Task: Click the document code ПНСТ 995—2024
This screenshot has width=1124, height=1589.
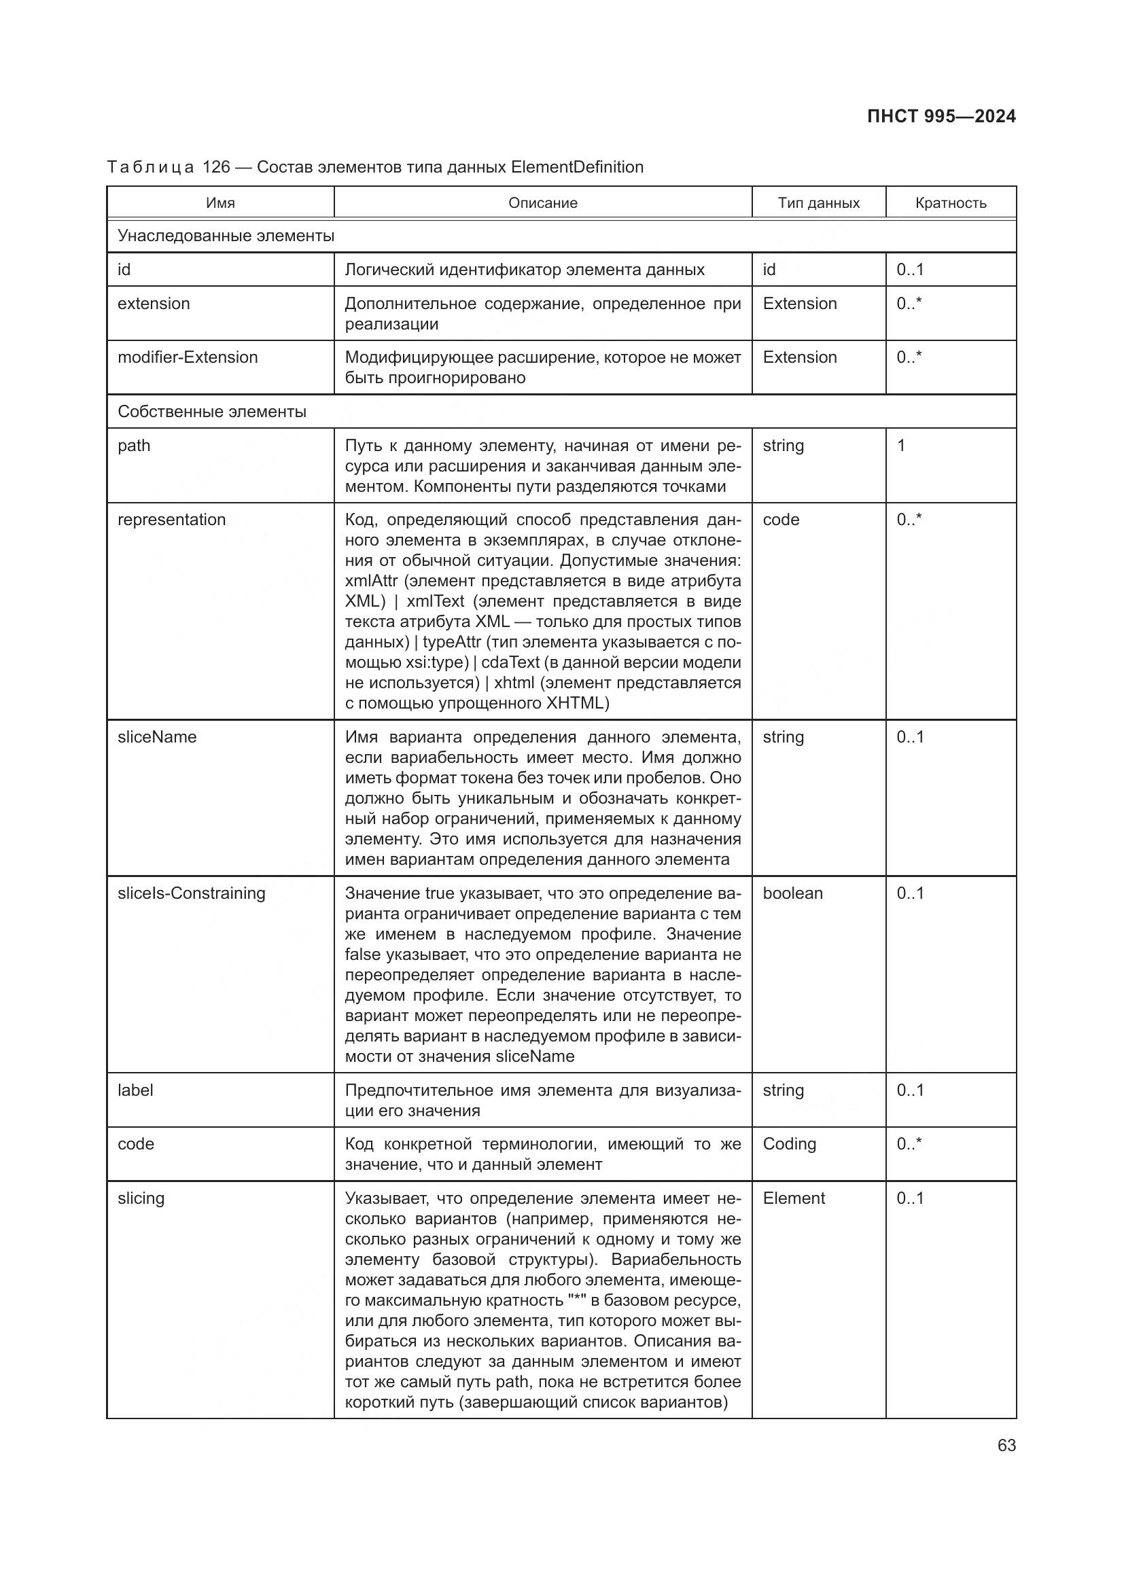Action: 941,116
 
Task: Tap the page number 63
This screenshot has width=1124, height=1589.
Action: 1006,1445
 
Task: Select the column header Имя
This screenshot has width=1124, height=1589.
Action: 220,202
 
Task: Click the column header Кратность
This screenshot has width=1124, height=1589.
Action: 950,202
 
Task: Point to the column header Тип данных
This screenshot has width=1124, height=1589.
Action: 818,202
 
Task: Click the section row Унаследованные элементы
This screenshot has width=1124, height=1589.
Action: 226,236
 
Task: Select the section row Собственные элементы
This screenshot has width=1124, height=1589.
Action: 212,412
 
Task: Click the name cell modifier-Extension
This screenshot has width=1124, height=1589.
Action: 188,357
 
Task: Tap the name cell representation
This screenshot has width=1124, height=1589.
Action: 172,520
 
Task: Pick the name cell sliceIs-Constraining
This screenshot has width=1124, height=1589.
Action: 192,893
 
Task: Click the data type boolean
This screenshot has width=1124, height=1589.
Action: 792,893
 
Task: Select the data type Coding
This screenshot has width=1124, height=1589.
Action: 789,1144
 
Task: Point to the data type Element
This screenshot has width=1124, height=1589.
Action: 793,1198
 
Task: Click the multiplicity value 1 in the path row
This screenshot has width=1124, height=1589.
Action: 901,446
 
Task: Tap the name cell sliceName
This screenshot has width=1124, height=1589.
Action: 157,737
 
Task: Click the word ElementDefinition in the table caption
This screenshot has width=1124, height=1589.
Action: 576,167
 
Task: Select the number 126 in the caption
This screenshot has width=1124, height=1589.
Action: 216,167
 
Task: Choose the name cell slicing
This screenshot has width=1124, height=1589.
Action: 141,1198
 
